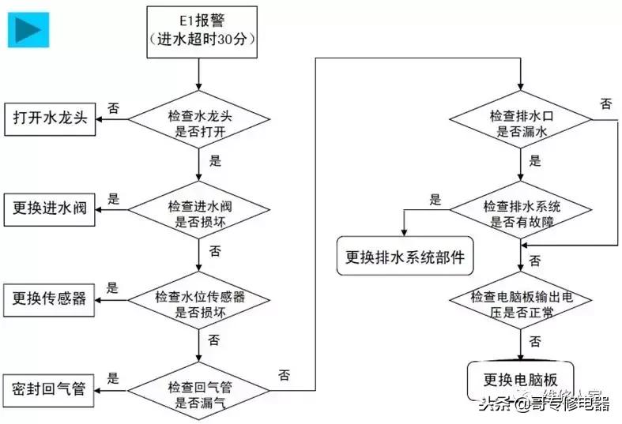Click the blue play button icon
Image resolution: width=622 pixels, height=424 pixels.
click(29, 29)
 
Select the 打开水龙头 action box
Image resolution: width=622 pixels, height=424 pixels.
click(49, 119)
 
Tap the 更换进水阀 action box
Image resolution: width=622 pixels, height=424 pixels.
click(49, 208)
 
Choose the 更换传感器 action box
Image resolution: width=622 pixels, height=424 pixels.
click(49, 298)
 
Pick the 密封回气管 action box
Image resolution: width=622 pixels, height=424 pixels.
click(49, 388)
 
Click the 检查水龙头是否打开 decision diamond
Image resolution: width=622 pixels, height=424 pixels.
click(198, 120)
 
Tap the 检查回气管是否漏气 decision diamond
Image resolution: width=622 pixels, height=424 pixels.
click(198, 388)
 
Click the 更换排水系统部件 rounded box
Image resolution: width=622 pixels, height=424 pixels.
click(405, 256)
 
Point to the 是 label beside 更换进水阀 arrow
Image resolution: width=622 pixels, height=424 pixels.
click(113, 198)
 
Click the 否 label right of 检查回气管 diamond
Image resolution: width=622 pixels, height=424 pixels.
click(282, 373)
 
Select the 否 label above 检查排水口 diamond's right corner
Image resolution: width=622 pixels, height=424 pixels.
click(606, 103)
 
